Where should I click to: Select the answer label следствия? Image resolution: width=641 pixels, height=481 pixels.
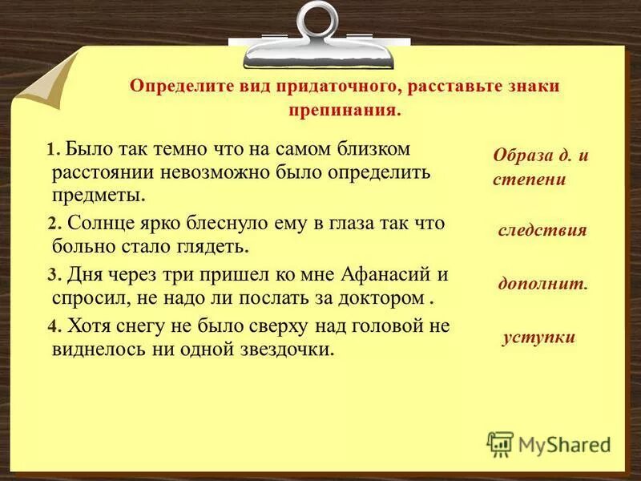(x=542, y=231)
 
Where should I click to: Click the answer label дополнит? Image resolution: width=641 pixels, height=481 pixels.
(x=543, y=284)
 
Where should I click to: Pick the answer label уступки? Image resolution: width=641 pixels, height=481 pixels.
(x=538, y=337)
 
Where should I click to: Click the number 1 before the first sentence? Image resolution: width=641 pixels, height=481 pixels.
(x=51, y=151)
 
